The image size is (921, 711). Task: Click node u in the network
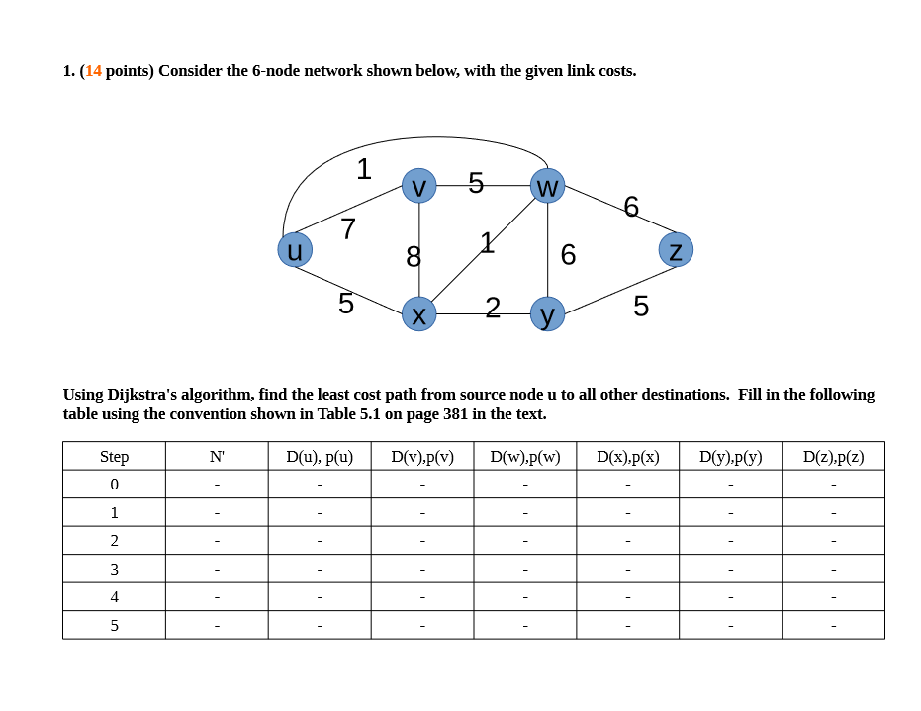tap(295, 249)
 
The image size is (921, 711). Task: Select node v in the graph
tap(419, 186)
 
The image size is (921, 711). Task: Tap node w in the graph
tap(547, 186)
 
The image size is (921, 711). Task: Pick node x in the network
tap(419, 313)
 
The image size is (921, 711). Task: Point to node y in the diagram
tap(547, 313)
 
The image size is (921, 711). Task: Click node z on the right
tap(676, 249)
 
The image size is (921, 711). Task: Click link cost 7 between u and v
tap(347, 229)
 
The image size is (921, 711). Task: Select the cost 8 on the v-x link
tap(414, 257)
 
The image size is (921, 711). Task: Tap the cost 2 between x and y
tap(493, 307)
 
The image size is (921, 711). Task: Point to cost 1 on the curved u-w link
tap(364, 169)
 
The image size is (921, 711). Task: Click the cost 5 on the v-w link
tap(476, 183)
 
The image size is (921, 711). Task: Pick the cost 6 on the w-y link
tap(568, 255)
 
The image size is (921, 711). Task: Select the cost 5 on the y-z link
tap(641, 307)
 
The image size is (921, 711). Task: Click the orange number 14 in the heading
tap(93, 71)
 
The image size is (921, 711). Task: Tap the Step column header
tap(114, 457)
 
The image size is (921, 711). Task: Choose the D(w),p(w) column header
tap(524, 457)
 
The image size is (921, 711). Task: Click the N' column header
tap(217, 457)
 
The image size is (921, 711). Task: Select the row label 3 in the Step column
tap(114, 569)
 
